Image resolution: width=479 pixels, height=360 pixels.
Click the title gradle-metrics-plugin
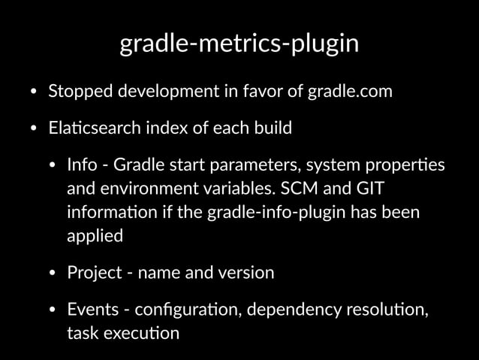pyautogui.click(x=239, y=44)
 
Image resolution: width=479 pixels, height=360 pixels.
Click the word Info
pyautogui.click(x=81, y=164)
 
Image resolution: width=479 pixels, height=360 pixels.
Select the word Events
pyautogui.click(x=91, y=309)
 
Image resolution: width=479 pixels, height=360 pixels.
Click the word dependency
pyautogui.click(x=280, y=309)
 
